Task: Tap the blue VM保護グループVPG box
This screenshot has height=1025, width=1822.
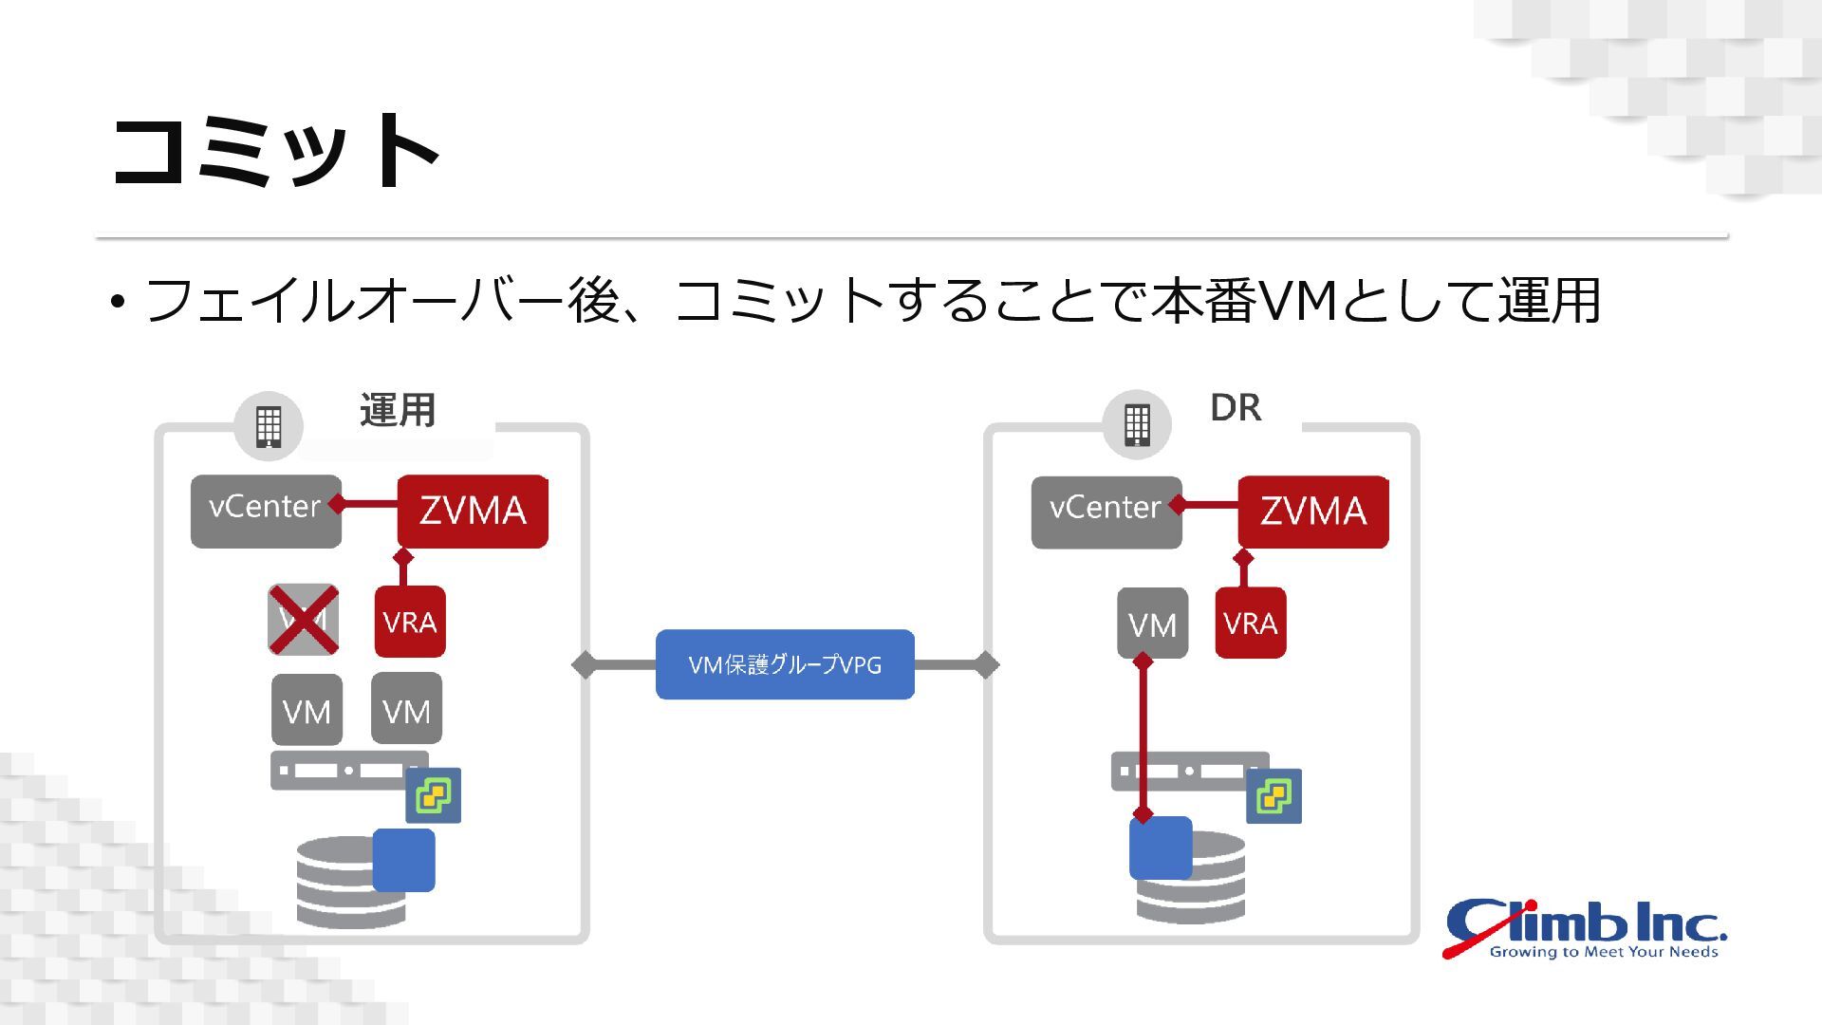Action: [785, 664]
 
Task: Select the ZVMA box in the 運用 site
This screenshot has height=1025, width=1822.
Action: [473, 512]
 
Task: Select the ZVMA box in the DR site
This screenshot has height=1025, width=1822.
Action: [1313, 512]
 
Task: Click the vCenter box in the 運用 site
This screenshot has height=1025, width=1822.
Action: [266, 511]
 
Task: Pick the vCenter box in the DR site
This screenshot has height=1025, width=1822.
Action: [1106, 512]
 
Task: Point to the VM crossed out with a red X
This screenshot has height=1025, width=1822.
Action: [304, 620]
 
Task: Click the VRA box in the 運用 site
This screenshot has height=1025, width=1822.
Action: [410, 622]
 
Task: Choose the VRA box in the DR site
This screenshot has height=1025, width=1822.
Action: [1251, 623]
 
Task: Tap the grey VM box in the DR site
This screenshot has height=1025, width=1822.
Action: [1152, 624]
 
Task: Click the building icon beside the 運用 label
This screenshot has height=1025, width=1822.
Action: [269, 425]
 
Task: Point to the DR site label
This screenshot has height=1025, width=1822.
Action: [1236, 407]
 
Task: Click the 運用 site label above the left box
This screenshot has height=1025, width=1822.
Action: [398, 410]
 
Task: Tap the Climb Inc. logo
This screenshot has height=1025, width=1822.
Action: [1586, 928]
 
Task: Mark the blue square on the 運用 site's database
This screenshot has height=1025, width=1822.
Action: [403, 860]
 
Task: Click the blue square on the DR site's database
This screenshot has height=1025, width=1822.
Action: [1161, 848]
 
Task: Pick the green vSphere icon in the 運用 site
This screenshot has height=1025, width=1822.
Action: [434, 794]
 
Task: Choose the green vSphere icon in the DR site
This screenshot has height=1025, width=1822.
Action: [1274, 795]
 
